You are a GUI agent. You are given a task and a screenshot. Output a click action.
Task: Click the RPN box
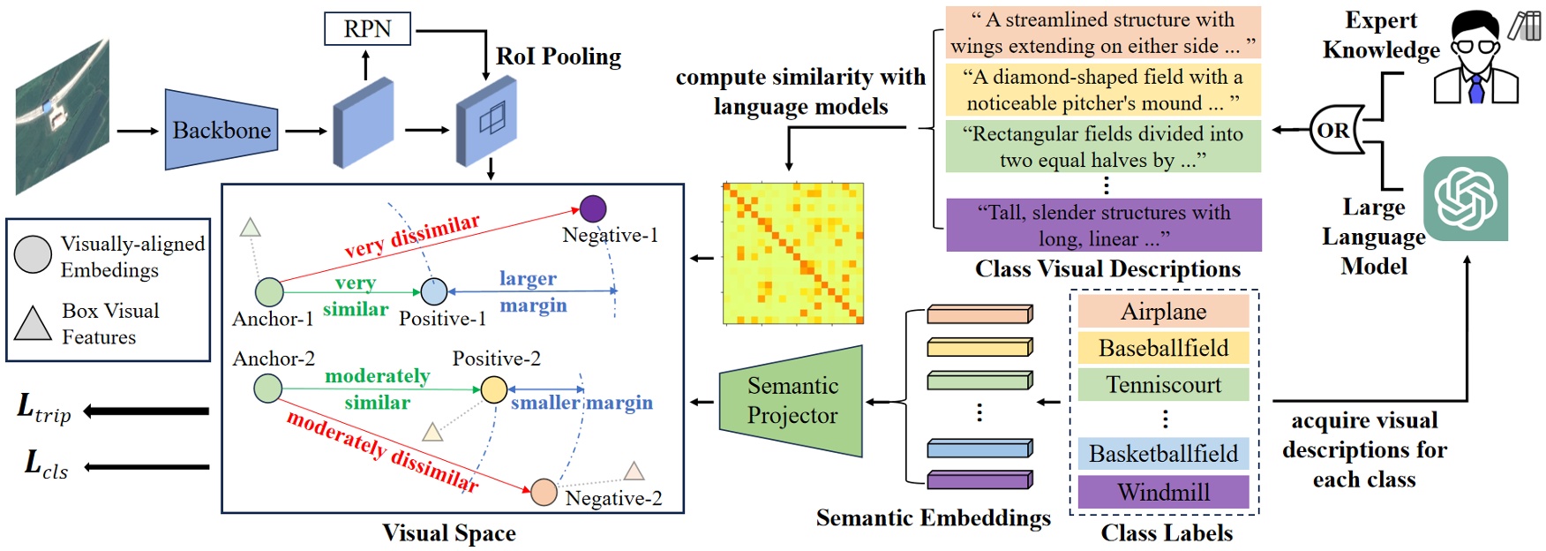[367, 29]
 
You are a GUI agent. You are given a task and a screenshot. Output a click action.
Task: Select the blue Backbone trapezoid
[221, 130]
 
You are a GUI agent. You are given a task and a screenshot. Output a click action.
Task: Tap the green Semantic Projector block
[792, 402]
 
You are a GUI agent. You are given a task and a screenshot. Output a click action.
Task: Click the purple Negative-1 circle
[593, 208]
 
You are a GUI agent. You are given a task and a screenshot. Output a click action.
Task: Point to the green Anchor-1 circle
[269, 291]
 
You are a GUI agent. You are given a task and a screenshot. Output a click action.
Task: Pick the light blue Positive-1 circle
[434, 291]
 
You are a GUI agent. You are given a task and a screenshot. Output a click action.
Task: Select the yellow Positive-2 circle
[494, 389]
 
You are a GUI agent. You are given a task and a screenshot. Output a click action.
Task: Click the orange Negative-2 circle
[544, 492]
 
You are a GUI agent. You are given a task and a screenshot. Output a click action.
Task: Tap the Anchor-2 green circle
[267, 388]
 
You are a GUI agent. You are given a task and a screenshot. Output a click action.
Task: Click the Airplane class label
[1163, 312]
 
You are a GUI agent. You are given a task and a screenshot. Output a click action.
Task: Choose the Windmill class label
[1163, 492]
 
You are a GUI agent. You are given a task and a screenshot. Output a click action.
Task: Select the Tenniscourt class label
[1163, 385]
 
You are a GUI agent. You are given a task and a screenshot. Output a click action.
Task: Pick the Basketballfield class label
[1163, 454]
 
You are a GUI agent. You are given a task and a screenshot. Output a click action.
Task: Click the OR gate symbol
[1334, 131]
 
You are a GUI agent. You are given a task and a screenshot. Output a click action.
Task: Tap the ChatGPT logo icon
[1465, 199]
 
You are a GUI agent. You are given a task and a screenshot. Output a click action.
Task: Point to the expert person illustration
[1475, 57]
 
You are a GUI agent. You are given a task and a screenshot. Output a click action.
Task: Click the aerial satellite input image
[62, 116]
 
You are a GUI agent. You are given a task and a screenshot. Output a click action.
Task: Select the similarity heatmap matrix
[792, 253]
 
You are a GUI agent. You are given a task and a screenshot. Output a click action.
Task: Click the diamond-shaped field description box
[1103, 90]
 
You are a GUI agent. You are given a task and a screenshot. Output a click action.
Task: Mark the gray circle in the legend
[34, 255]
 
